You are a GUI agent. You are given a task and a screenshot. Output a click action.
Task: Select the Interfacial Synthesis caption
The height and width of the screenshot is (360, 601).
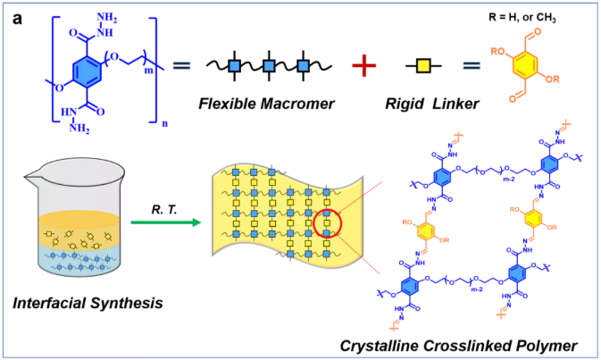(86, 304)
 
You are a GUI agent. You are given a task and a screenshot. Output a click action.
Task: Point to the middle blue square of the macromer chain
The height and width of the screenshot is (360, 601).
(265, 66)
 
